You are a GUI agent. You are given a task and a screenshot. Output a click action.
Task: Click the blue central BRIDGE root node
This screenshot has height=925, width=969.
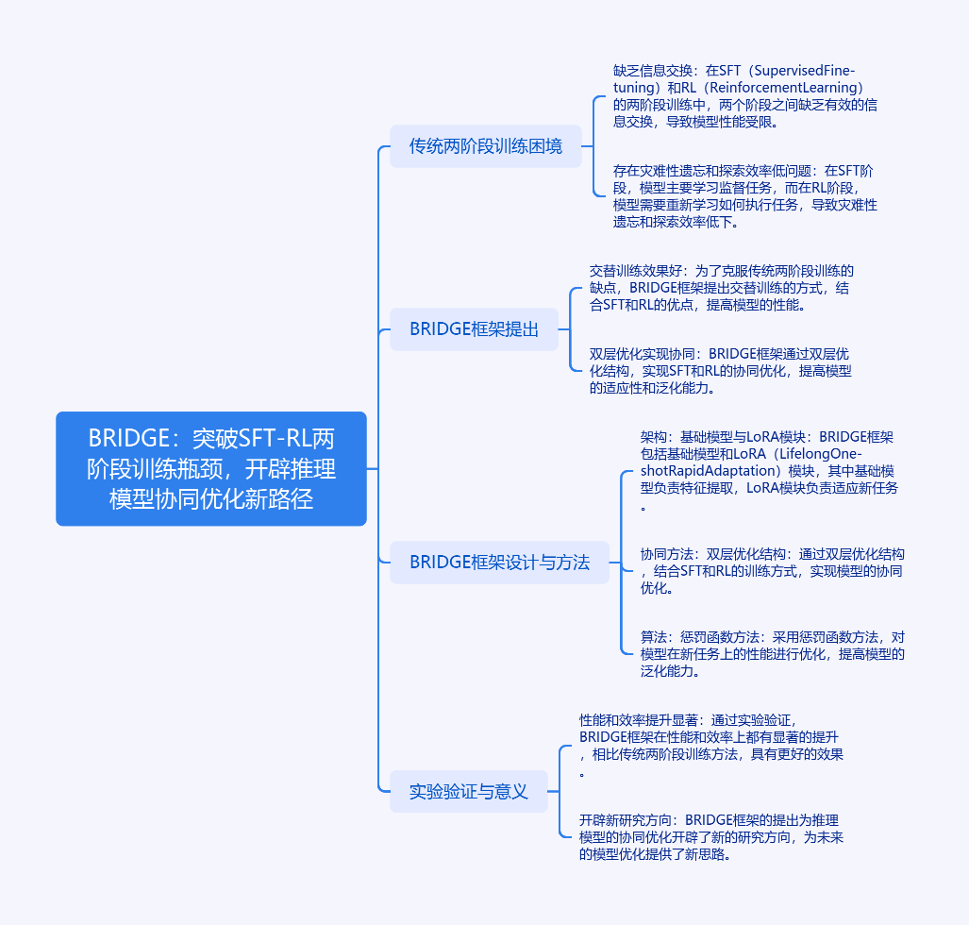point(211,469)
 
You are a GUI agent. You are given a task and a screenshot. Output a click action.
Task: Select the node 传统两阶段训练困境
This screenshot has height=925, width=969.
point(486,146)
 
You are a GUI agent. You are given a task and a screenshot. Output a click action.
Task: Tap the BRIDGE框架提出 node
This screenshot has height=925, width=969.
point(474,329)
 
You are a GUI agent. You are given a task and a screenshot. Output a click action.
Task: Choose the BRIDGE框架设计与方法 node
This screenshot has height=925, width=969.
point(499,562)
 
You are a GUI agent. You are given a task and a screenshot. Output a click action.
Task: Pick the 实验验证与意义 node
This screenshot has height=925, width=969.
point(468,792)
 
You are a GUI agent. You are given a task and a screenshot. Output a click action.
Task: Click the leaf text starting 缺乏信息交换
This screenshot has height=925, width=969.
point(745,96)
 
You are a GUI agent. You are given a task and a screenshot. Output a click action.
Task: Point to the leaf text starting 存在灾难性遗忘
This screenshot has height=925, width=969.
point(745,196)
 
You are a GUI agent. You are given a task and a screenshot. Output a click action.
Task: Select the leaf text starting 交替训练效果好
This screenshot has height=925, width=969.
point(721,288)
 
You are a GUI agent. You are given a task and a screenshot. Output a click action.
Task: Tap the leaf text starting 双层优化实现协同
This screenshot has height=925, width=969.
point(721,371)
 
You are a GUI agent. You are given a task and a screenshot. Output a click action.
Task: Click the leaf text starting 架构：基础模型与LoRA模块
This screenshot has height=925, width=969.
point(769,471)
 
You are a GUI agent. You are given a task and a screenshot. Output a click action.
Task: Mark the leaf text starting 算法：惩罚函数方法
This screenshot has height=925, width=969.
point(773,653)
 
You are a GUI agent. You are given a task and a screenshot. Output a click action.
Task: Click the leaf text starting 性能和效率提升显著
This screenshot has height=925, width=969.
point(711,745)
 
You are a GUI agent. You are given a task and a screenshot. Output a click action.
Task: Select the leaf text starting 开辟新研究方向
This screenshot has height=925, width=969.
point(711,837)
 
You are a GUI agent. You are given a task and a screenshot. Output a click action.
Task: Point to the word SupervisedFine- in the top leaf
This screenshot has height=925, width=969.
point(805,71)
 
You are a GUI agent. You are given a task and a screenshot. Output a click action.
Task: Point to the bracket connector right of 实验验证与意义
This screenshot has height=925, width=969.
point(560,792)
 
